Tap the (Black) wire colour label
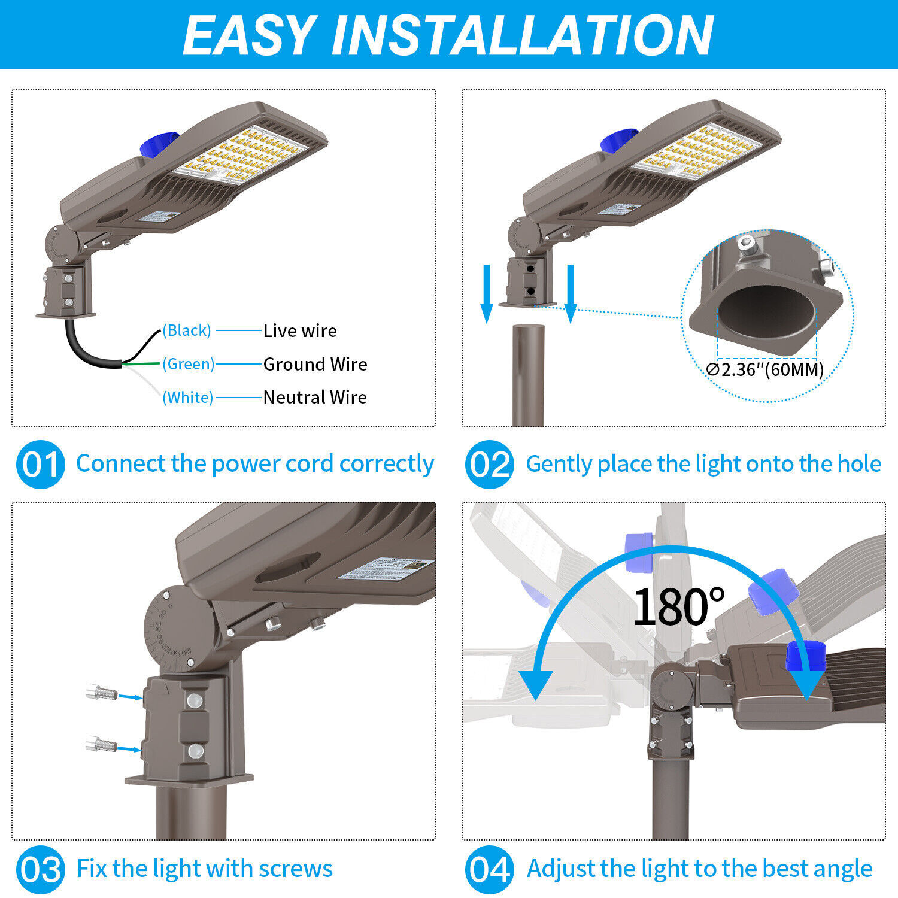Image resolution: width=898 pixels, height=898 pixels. [187, 330]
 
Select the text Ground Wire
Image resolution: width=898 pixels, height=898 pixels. [315, 364]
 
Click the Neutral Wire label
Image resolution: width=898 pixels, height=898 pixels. [315, 397]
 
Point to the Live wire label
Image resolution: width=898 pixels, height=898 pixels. [300, 330]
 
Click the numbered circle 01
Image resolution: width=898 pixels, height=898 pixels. [40, 465]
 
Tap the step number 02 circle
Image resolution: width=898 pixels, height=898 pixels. [489, 465]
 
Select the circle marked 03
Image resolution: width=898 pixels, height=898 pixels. [40, 869]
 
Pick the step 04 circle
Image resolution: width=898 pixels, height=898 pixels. [489, 869]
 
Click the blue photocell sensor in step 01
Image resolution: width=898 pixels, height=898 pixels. [157, 145]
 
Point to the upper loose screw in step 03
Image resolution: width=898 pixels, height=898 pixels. [101, 693]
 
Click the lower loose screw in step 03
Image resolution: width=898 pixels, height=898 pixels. [101, 745]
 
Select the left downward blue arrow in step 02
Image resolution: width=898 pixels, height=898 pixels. [487, 293]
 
